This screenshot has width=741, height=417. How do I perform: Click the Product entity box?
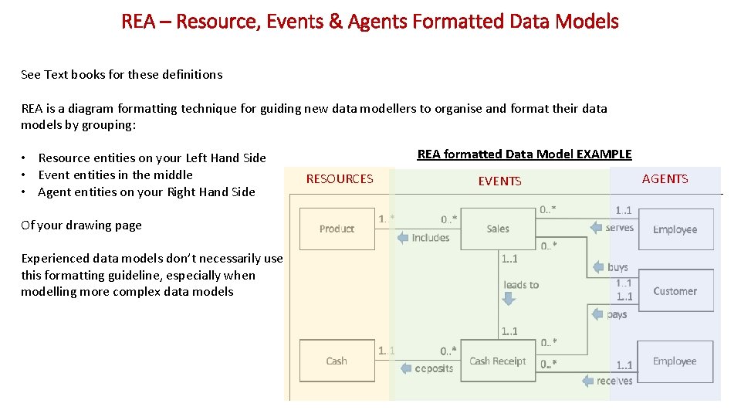point(337,229)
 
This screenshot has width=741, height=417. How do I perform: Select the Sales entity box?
point(498,229)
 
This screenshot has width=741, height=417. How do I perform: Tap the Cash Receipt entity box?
point(498,361)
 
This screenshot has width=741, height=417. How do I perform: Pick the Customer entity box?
point(675,291)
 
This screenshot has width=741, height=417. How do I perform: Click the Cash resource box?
point(337,361)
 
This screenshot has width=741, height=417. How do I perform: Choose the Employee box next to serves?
point(675,229)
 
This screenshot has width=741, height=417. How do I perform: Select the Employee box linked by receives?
point(675,361)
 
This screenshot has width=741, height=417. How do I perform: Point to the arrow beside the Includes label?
point(403,238)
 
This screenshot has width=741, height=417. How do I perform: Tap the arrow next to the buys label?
point(599,267)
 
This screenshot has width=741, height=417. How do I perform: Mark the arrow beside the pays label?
point(597,314)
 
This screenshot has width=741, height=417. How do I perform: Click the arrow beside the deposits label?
point(408,368)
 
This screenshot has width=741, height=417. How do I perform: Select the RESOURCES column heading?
point(340,179)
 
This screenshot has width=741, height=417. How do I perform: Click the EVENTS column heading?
point(499,181)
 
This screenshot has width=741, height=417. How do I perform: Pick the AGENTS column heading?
point(665,179)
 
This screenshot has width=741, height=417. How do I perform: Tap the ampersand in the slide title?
point(335,22)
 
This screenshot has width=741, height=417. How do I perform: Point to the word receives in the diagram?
point(614,381)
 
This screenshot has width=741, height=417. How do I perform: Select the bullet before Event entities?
point(25,175)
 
